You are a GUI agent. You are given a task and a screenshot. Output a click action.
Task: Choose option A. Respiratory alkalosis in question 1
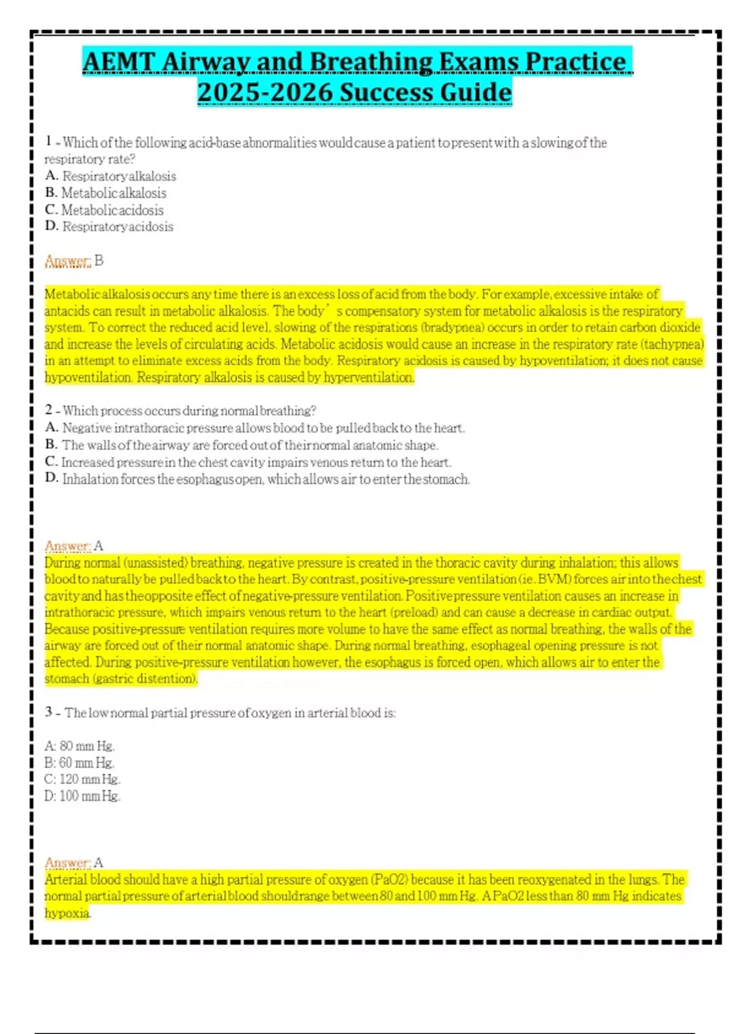pos(111,176)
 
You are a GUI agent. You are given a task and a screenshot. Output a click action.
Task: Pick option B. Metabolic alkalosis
pos(106,193)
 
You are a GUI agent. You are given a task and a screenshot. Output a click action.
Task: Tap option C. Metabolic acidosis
pos(105,210)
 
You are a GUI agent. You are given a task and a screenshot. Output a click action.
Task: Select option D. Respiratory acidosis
pos(109,227)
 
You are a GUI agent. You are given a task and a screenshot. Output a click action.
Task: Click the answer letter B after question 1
pos(99,261)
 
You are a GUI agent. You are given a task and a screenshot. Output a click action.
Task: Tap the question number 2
pos(48,411)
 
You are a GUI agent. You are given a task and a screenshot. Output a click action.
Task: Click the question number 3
pos(48,712)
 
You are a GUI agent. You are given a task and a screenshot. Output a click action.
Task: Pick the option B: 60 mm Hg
pos(80,763)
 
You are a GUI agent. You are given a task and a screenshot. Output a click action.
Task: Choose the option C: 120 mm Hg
pos(83,779)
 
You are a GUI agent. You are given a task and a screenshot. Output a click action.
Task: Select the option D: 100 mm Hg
pos(83,796)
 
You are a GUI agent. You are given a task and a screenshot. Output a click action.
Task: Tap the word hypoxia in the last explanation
pos(67,913)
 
